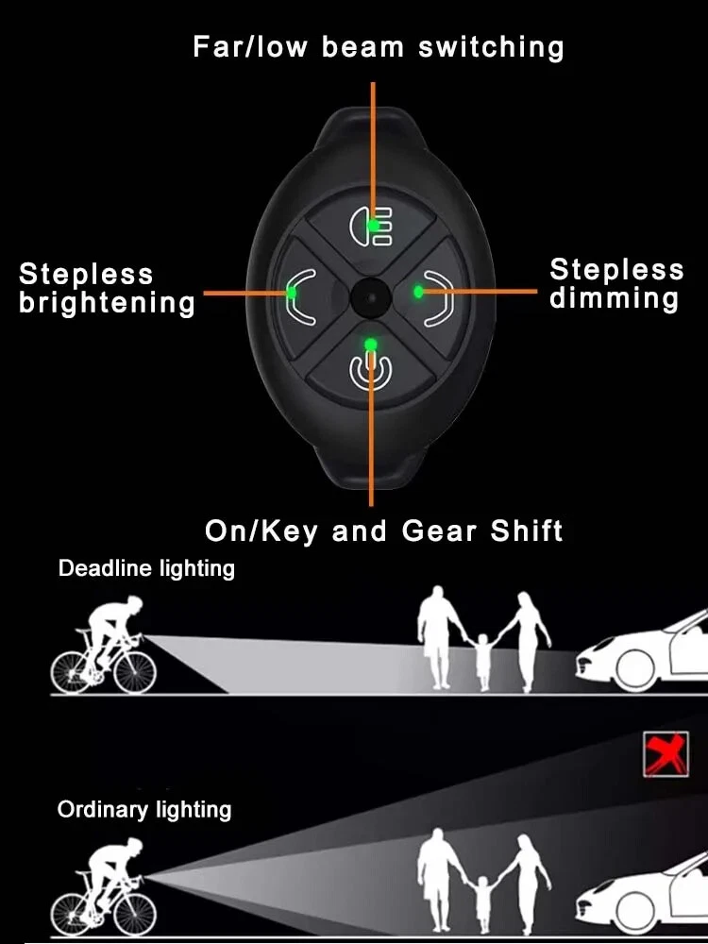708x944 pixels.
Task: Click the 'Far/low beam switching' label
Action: coord(378,46)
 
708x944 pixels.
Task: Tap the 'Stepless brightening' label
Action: coord(107,289)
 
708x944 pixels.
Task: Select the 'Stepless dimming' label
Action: coord(616,284)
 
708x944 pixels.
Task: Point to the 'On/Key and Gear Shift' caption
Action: coord(383,531)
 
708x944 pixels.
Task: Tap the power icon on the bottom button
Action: coord(369,369)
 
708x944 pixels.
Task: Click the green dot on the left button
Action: coord(292,293)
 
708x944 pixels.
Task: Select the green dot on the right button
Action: coord(418,293)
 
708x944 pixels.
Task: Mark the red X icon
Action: coord(666,754)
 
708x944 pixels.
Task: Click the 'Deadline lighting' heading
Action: coord(146,568)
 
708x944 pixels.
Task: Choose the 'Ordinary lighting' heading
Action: coord(144,809)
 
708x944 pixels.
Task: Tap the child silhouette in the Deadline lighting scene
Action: coord(484,661)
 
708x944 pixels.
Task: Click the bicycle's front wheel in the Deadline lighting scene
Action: coord(134,671)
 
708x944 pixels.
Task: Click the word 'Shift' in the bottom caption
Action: coord(526,531)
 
